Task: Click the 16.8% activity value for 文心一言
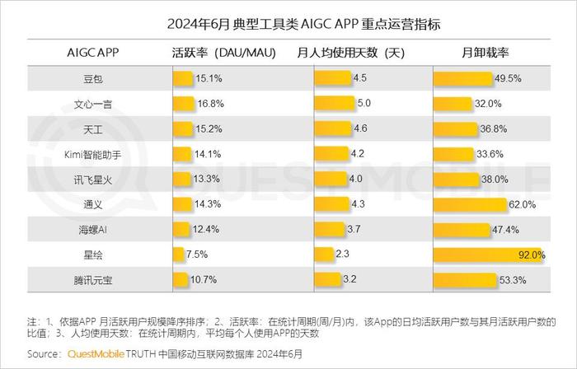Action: pyautogui.click(x=210, y=105)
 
